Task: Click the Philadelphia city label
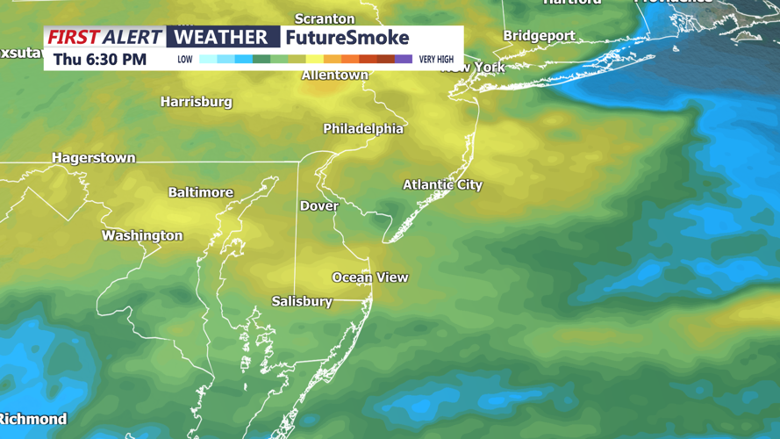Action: (x=363, y=129)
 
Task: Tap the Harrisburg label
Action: (x=196, y=102)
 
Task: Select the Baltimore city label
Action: (x=201, y=192)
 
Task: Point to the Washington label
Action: (x=142, y=235)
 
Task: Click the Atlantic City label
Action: (x=442, y=184)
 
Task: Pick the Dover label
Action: (x=318, y=206)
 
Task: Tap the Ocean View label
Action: (x=369, y=277)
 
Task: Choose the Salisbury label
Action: (x=302, y=301)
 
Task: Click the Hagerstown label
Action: (x=94, y=158)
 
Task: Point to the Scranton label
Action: (x=325, y=18)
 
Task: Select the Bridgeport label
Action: (x=539, y=36)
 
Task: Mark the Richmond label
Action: (x=33, y=419)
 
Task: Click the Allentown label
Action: (x=334, y=76)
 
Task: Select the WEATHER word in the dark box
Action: (x=220, y=38)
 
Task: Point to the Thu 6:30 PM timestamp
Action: (x=100, y=60)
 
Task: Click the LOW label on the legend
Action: (x=185, y=60)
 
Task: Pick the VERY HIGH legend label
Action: (x=436, y=60)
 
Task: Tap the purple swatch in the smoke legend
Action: (x=404, y=60)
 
